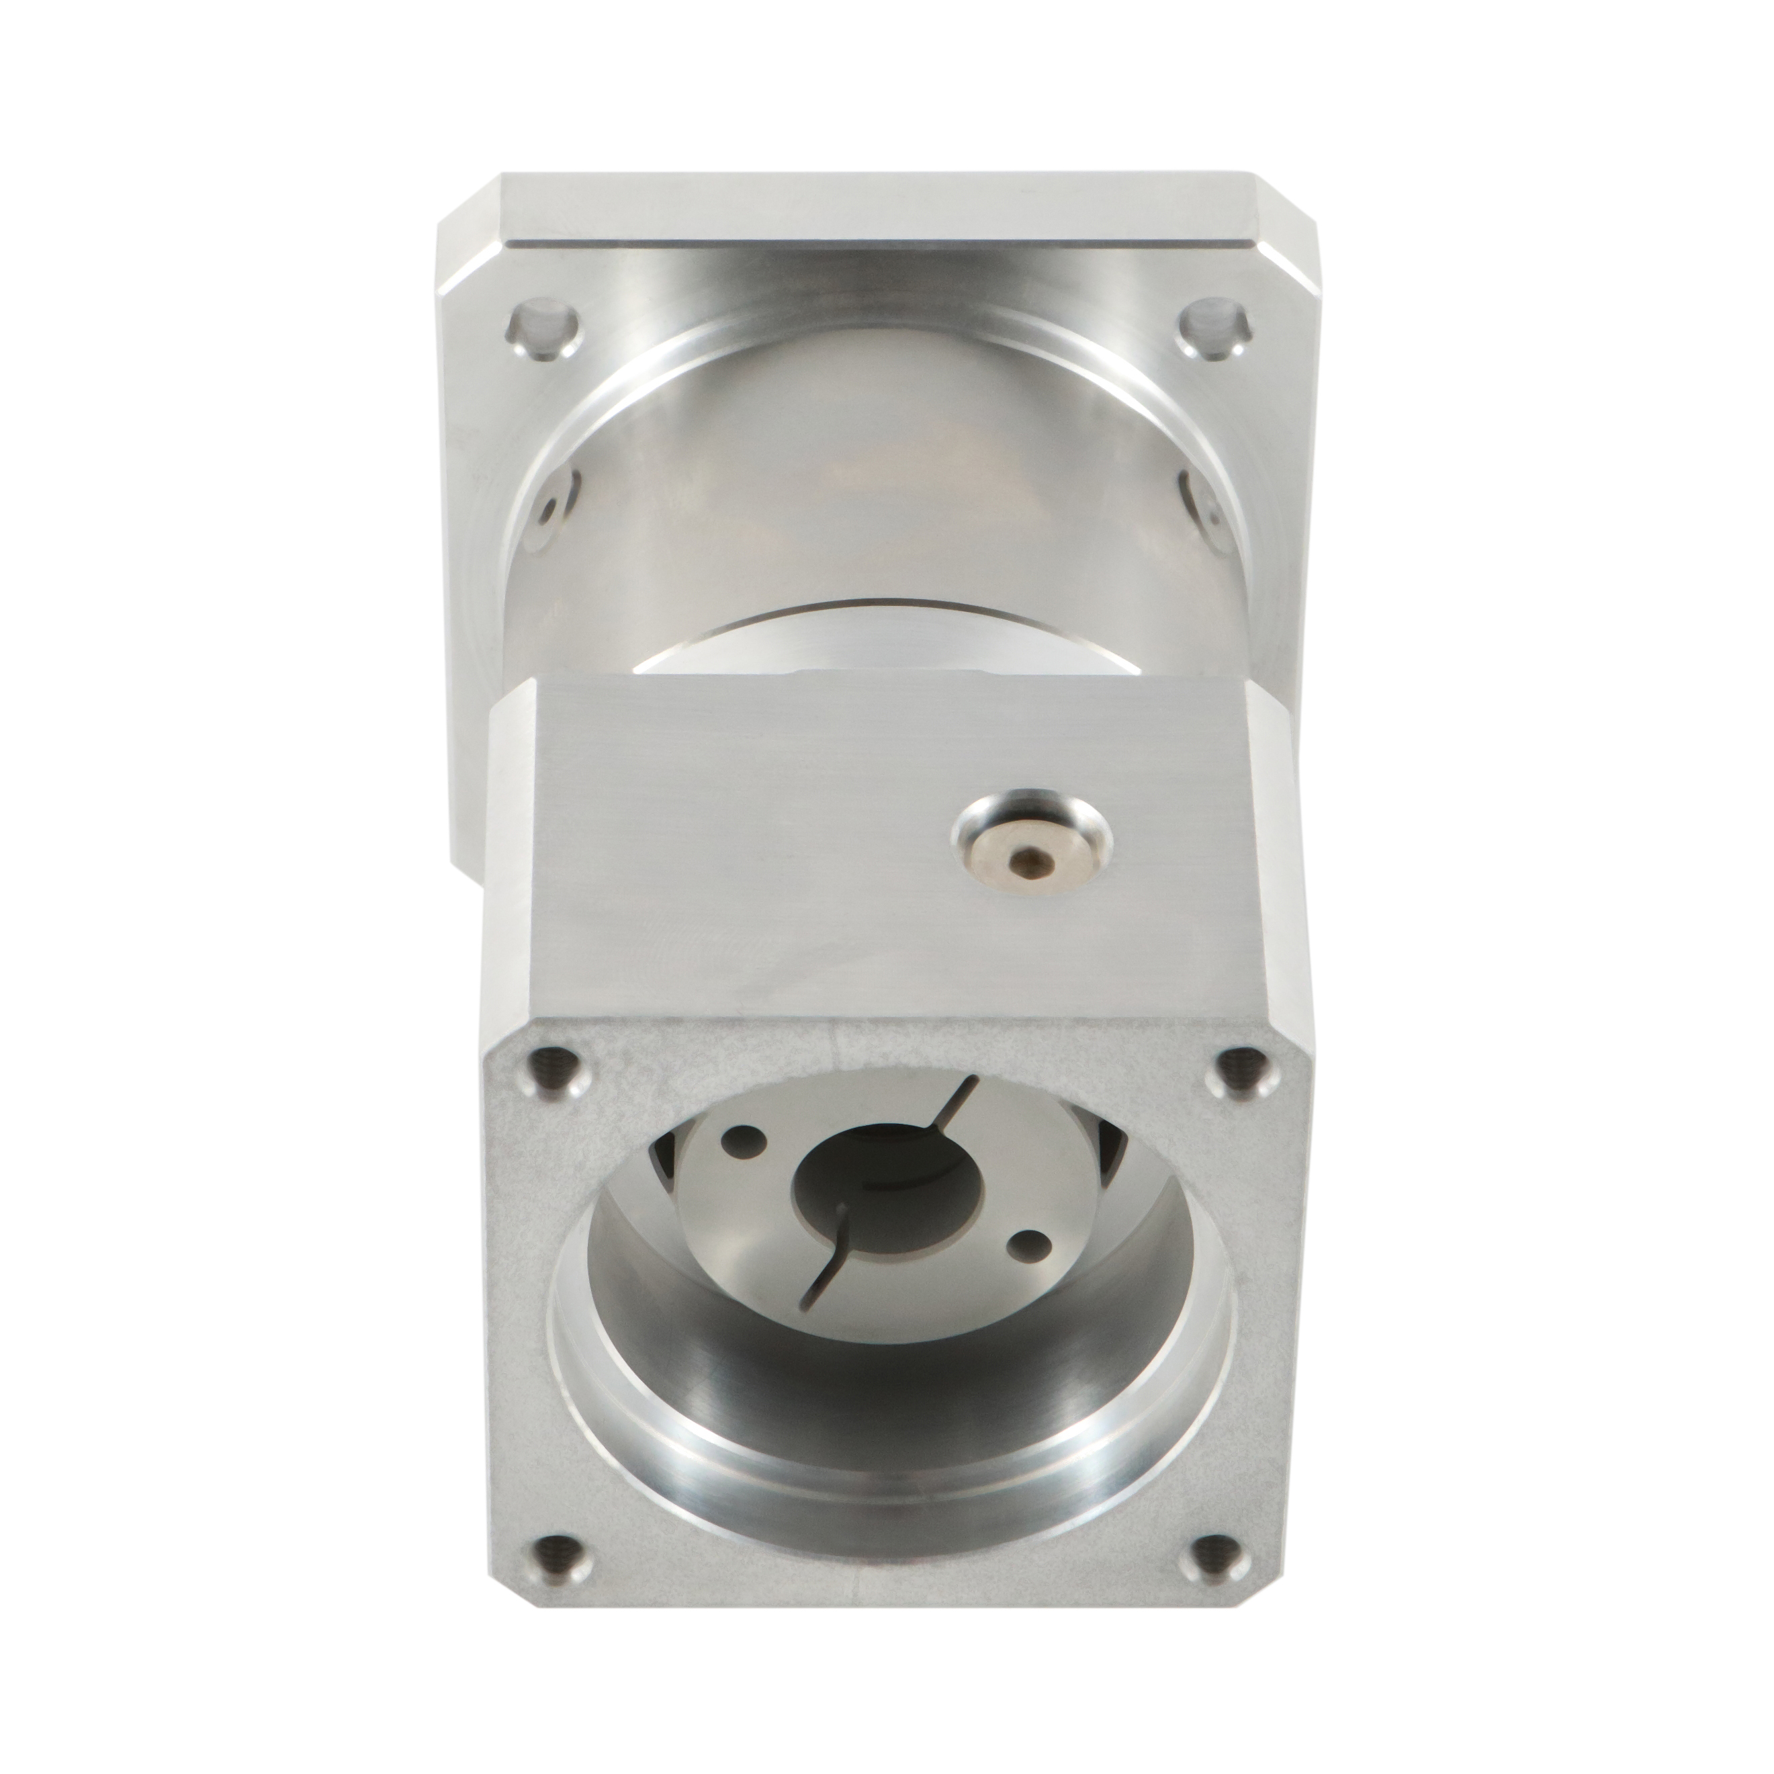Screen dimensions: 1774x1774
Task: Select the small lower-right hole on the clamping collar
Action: [1028, 1246]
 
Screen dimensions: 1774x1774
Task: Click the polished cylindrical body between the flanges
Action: [881, 515]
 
